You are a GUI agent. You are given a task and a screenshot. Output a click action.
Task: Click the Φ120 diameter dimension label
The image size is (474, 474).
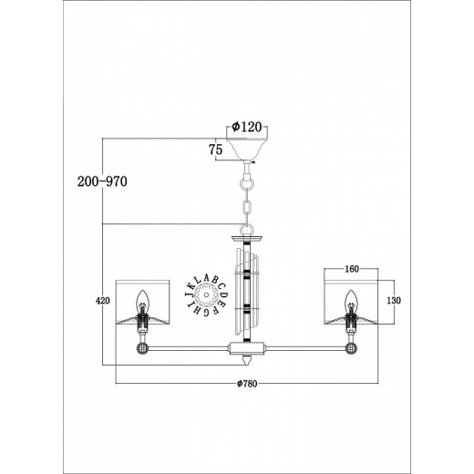tap(246, 127)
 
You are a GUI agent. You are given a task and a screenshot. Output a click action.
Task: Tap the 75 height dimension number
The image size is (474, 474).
tap(215, 149)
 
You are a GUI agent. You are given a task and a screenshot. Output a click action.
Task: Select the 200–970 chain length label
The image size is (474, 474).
tap(102, 181)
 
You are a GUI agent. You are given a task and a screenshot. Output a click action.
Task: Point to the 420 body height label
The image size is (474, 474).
tap(103, 301)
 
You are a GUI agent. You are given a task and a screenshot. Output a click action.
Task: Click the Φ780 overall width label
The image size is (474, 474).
tap(247, 384)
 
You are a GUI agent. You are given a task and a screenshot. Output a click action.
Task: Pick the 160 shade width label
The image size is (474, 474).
tap(352, 269)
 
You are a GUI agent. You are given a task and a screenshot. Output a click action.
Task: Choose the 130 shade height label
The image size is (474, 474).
tap(394, 301)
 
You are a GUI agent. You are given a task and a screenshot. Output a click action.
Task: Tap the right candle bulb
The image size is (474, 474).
tap(352, 299)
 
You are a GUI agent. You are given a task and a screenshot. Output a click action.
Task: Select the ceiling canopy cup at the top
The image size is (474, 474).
tap(247, 149)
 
